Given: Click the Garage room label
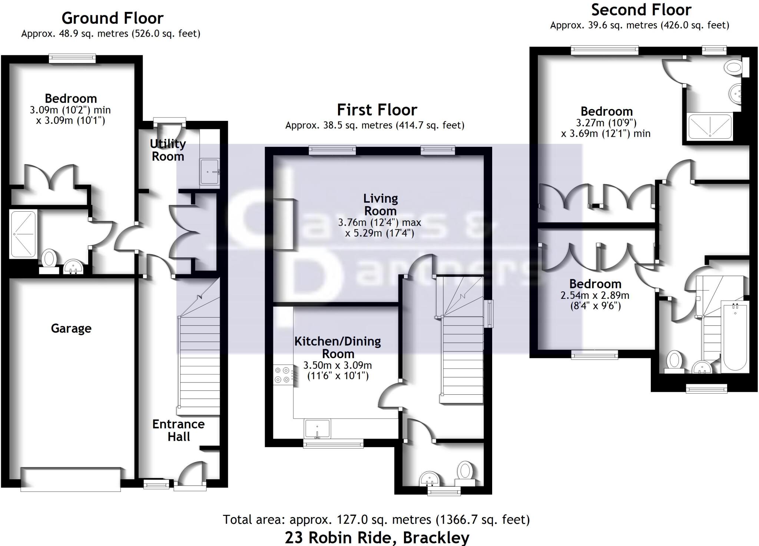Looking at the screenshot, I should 71,328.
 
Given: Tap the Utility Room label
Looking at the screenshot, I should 168,150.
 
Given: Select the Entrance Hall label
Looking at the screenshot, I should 178,430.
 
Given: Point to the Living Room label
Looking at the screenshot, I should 380,205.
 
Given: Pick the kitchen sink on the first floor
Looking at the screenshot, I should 317,428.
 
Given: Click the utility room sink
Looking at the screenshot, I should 210,172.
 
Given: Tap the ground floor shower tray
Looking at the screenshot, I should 23,234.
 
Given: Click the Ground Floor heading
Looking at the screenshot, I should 112,18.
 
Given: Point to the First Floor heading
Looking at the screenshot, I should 377,110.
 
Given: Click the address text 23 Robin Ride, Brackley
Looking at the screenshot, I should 377,537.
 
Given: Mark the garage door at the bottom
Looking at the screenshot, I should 70,480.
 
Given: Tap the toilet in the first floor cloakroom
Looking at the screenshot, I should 465,473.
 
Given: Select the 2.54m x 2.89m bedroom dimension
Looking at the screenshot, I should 595,295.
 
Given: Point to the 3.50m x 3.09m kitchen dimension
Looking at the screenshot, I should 337,365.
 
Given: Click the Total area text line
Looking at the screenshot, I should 376,520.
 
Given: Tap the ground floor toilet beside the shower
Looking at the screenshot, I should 49,259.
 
